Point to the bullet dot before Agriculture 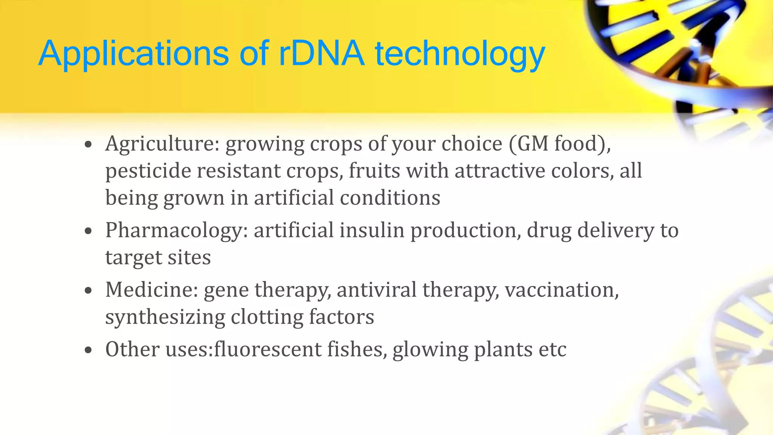pyautogui.click(x=88, y=144)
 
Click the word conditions pyautogui.click(x=390, y=198)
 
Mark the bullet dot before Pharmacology pyautogui.click(x=88, y=231)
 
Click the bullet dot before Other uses pyautogui.click(x=88, y=350)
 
